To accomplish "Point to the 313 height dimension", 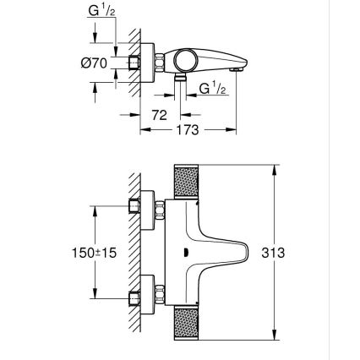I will pos(297,252).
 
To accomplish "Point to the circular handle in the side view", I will pos(188,60).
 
